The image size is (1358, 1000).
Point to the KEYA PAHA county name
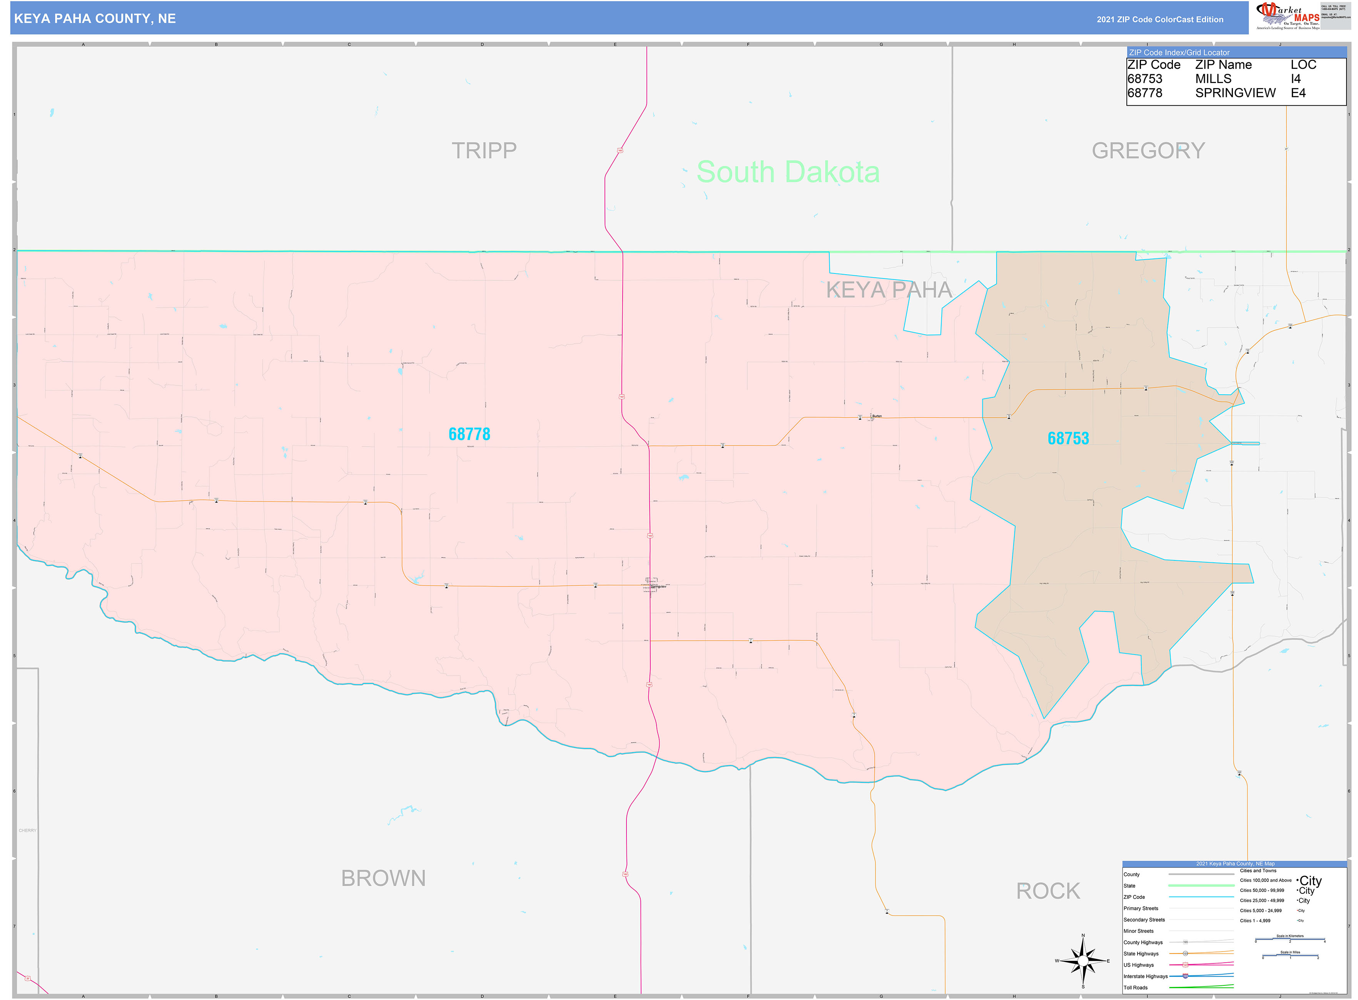point(889,290)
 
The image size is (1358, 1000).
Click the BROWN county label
point(383,878)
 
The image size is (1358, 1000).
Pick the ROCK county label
point(1048,890)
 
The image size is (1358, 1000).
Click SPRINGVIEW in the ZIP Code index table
point(1235,93)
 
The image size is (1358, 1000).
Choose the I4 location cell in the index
point(1296,79)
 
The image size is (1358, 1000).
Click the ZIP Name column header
point(1223,65)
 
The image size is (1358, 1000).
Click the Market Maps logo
point(1287,16)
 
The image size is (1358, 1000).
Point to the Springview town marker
point(651,585)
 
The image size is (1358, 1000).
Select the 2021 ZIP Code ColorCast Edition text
point(1159,19)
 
